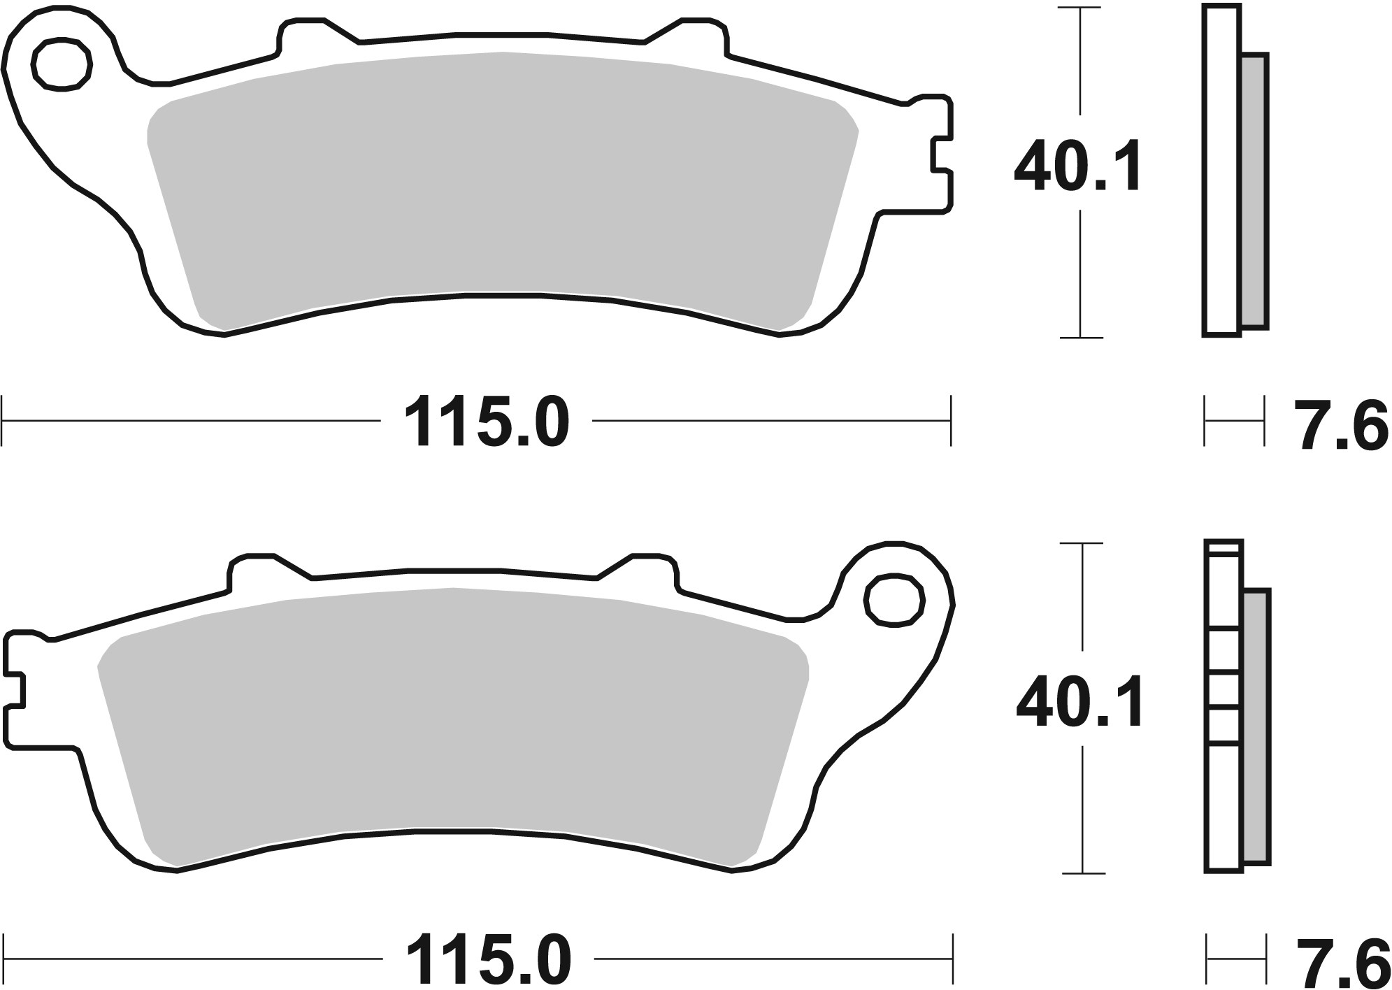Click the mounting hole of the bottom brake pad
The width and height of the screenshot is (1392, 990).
click(x=894, y=599)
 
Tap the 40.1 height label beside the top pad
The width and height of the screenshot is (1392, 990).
click(x=1078, y=167)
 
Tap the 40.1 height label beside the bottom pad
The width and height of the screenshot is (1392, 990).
click(x=1079, y=702)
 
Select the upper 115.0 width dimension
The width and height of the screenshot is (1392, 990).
click(x=487, y=422)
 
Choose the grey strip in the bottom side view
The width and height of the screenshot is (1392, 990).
click(x=1256, y=727)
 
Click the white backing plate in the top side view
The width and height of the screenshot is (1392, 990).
click(x=1221, y=170)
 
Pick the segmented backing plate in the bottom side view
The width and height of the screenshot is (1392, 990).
click(x=1224, y=706)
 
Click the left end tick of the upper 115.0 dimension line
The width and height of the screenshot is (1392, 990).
click(x=3, y=421)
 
